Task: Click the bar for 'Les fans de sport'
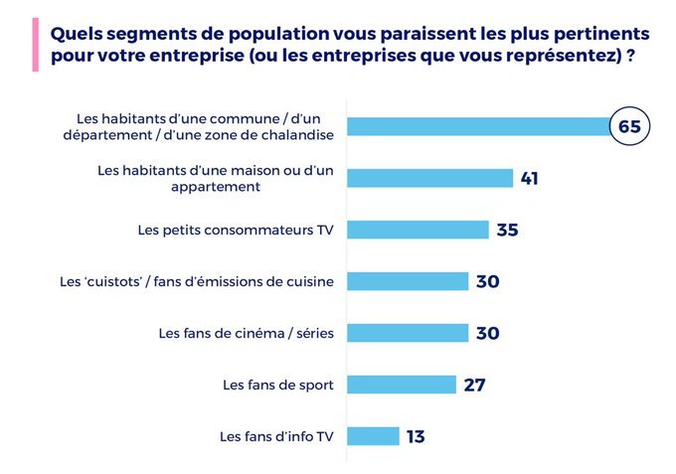pyautogui.click(x=401, y=385)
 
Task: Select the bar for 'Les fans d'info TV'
pyautogui.click(x=373, y=436)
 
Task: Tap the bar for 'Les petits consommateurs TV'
pyautogui.click(x=418, y=230)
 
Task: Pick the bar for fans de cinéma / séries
pyautogui.click(x=407, y=333)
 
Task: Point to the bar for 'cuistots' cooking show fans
pyautogui.click(x=407, y=281)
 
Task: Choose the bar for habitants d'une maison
pyautogui.click(x=429, y=178)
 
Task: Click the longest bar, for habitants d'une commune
pyautogui.click(x=477, y=126)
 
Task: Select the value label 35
pyautogui.click(x=507, y=231)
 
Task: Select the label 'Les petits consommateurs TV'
pyautogui.click(x=236, y=230)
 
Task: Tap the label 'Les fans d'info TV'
pyautogui.click(x=276, y=436)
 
